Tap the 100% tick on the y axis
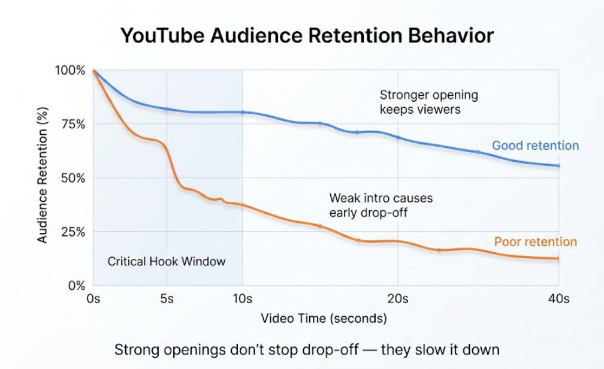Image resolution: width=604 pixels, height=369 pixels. pyautogui.click(x=71, y=70)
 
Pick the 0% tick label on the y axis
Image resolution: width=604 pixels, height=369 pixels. pyautogui.click(x=77, y=286)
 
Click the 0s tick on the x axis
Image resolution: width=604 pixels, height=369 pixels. pyautogui.click(x=94, y=298)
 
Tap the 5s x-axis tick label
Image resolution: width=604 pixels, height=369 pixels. pyautogui.click(x=167, y=298)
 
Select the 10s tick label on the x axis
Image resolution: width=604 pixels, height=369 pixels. pyautogui.click(x=243, y=298)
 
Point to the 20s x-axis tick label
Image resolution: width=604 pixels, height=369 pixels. pyautogui.click(x=397, y=298)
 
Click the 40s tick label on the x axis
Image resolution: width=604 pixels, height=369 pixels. pyautogui.click(x=558, y=298)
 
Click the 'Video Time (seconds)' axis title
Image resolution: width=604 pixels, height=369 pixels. pyautogui.click(x=324, y=317)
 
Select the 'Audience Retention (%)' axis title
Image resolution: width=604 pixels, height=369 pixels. pyautogui.click(x=43, y=179)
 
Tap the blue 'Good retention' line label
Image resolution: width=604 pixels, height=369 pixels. pyautogui.click(x=535, y=146)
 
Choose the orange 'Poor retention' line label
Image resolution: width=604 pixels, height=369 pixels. pyautogui.click(x=535, y=242)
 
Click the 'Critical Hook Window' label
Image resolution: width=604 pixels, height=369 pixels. pyautogui.click(x=167, y=261)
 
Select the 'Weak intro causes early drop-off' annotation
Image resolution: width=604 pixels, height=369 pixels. pyautogui.click(x=380, y=205)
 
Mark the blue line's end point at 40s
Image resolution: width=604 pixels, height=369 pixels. pyautogui.click(x=558, y=166)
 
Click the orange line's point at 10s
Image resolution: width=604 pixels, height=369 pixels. pyautogui.click(x=243, y=205)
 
